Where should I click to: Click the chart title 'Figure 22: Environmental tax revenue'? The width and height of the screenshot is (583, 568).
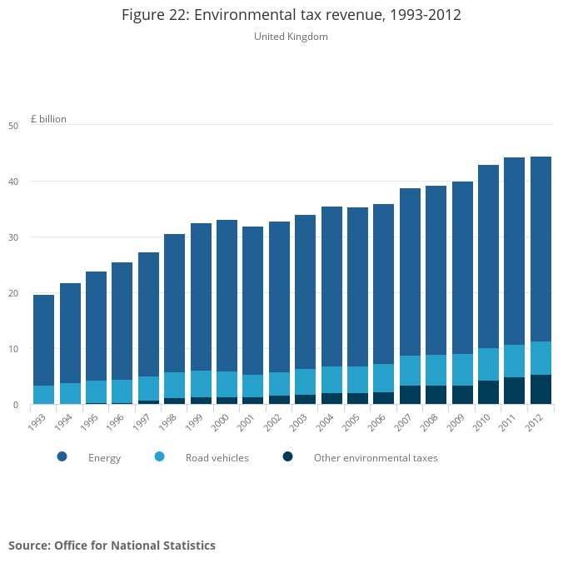tap(291, 15)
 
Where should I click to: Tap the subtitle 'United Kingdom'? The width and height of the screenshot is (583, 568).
tap(291, 37)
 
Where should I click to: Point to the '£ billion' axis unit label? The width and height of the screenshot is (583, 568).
tap(48, 119)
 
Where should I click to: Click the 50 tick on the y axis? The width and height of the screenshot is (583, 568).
tap(12, 126)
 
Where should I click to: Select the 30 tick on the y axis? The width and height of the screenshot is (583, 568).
tap(12, 237)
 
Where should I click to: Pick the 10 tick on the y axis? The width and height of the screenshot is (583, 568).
tap(12, 349)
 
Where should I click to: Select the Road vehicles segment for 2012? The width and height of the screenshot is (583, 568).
tap(541, 358)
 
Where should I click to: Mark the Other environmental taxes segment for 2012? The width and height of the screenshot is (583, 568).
tap(541, 390)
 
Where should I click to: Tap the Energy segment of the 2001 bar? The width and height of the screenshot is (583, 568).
tap(252, 301)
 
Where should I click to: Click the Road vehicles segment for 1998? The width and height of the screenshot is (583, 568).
tap(174, 385)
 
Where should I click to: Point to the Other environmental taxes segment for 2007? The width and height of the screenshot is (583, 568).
tap(410, 395)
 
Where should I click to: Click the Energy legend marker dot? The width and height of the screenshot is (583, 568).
tap(62, 456)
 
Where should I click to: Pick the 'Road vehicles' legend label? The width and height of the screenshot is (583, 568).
tap(217, 458)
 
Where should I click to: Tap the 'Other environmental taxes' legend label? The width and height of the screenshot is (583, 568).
tap(375, 458)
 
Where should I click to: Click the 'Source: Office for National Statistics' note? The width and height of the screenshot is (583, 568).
tap(112, 546)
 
